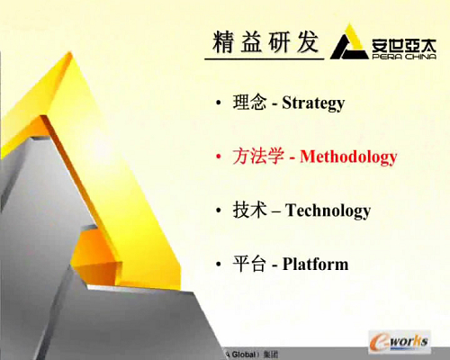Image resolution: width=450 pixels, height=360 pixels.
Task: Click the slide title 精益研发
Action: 265,42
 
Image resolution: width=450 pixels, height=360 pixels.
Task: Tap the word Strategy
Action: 313,103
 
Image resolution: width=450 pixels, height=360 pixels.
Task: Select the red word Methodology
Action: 348,157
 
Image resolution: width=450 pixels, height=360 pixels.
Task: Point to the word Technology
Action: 328,211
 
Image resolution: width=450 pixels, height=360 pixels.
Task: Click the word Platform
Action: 315,265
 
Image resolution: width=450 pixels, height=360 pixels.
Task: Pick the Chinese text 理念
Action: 249,102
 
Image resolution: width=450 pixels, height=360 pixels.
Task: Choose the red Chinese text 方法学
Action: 258,156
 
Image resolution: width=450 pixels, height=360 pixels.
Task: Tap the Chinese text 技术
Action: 249,210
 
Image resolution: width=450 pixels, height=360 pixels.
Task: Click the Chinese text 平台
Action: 249,264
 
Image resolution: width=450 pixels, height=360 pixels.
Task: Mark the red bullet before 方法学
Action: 219,157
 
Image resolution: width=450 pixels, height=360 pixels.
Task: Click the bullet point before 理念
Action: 219,103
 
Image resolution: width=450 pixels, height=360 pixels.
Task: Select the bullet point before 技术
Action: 219,211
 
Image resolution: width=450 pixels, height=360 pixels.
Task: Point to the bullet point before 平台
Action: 219,265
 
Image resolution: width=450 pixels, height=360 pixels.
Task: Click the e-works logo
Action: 400,341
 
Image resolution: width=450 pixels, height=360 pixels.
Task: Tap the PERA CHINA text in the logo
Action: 404,57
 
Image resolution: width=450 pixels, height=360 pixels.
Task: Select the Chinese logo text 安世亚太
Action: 404,45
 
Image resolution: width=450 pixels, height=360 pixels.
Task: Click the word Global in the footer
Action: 243,355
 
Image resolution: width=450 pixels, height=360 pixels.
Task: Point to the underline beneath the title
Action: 265,58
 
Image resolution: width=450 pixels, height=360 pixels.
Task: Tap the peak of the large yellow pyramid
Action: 71,53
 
